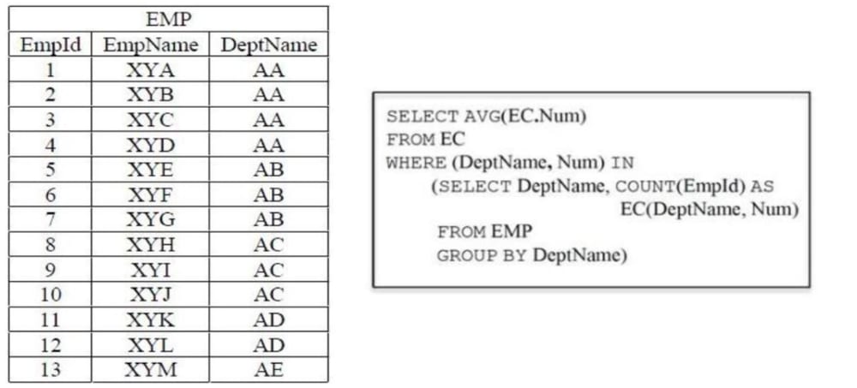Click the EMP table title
pyautogui.click(x=169, y=20)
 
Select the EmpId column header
pyautogui.click(x=51, y=45)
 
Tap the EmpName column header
pyautogui.click(x=151, y=45)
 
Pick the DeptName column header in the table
pyautogui.click(x=269, y=45)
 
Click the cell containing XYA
pyautogui.click(x=151, y=70)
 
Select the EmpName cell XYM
pyautogui.click(x=152, y=370)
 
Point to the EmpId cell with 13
pyautogui.click(x=51, y=370)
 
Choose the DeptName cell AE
pyautogui.click(x=269, y=370)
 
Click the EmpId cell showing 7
pyautogui.click(x=51, y=219)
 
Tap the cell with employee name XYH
pyautogui.click(x=151, y=245)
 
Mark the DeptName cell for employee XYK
pyautogui.click(x=269, y=320)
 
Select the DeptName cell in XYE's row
pyautogui.click(x=269, y=170)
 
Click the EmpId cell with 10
pyautogui.click(x=51, y=295)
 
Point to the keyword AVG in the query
pyautogui.click(x=481, y=117)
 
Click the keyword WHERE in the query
pyautogui.click(x=416, y=163)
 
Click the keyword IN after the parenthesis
pyautogui.click(x=622, y=163)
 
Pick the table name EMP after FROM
pyautogui.click(x=511, y=232)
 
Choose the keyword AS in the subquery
pyautogui.click(x=763, y=187)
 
